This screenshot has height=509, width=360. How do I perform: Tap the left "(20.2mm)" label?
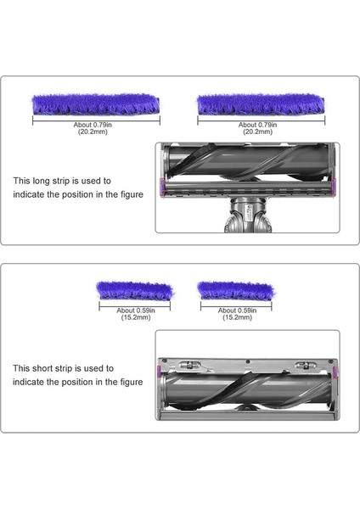(x=96, y=131)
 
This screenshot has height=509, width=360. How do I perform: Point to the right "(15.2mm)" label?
(x=236, y=317)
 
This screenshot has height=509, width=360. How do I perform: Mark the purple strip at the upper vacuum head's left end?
(x=161, y=184)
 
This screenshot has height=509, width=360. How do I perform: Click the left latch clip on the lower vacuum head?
(x=192, y=366)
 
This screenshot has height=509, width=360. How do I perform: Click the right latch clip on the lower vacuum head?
(x=303, y=366)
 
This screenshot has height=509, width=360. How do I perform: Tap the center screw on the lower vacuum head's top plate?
(x=247, y=360)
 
